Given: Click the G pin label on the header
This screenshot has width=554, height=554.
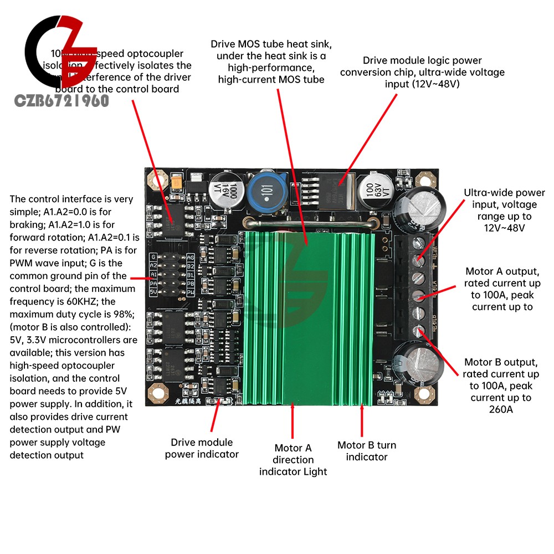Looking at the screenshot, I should (153, 257).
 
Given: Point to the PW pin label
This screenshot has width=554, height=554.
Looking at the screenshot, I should (191, 291).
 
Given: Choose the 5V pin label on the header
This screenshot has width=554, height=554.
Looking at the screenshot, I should (153, 291).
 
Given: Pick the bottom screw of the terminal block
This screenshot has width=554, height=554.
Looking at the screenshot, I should (419, 331).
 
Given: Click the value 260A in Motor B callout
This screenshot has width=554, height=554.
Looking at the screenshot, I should (501, 410).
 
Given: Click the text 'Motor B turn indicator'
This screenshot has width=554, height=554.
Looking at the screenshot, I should (367, 451).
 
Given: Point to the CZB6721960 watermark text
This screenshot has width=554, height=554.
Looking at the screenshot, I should (63, 100).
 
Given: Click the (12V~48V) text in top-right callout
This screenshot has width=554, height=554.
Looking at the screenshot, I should (422, 84).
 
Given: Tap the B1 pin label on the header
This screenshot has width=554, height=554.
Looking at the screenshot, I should (191, 274).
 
